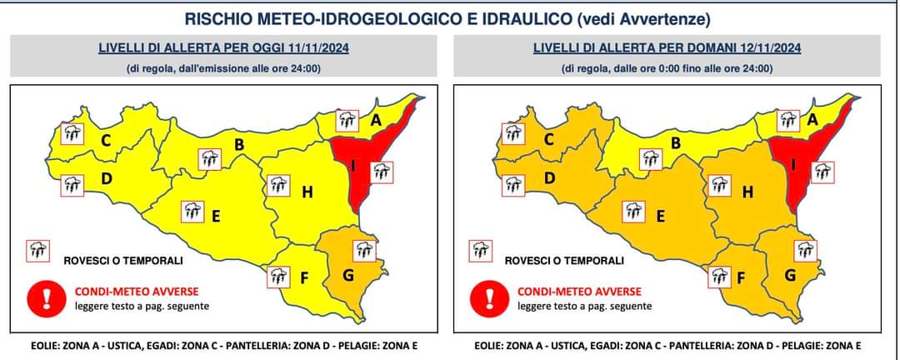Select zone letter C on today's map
click(107, 140)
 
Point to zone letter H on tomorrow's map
click(747, 192)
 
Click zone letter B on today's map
click(238, 145)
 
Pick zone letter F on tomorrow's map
click(738, 278)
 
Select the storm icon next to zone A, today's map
click(348, 122)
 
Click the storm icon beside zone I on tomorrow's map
click(822, 172)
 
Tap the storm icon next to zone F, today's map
click(280, 277)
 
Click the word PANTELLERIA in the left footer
click(245, 346)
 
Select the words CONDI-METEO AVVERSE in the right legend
click(579, 292)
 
